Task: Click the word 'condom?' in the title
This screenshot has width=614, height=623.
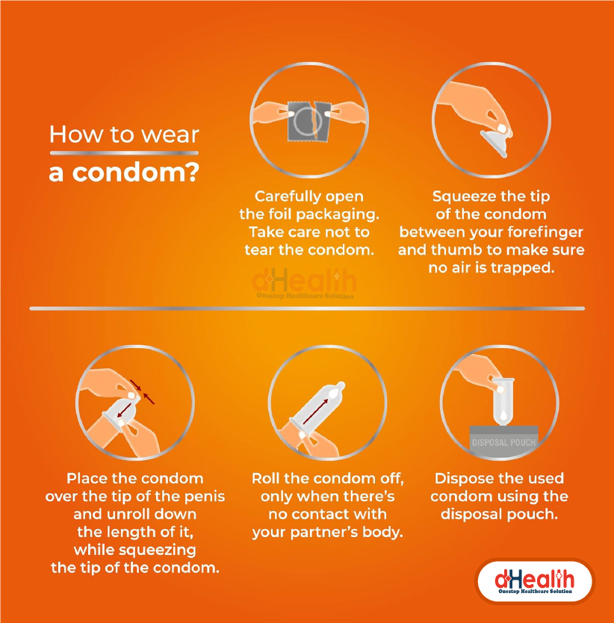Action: click(135, 173)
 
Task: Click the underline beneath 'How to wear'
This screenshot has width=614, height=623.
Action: click(124, 153)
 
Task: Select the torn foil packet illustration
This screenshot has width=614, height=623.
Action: click(309, 121)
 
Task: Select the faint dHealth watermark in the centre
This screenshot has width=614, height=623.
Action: click(305, 283)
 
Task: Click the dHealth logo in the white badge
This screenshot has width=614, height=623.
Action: click(535, 582)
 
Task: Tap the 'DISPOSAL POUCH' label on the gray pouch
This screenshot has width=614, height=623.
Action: click(503, 443)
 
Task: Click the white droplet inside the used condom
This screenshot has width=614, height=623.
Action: click(503, 415)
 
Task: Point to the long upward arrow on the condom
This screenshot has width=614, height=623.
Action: click(315, 412)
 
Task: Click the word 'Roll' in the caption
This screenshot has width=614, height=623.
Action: click(266, 478)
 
